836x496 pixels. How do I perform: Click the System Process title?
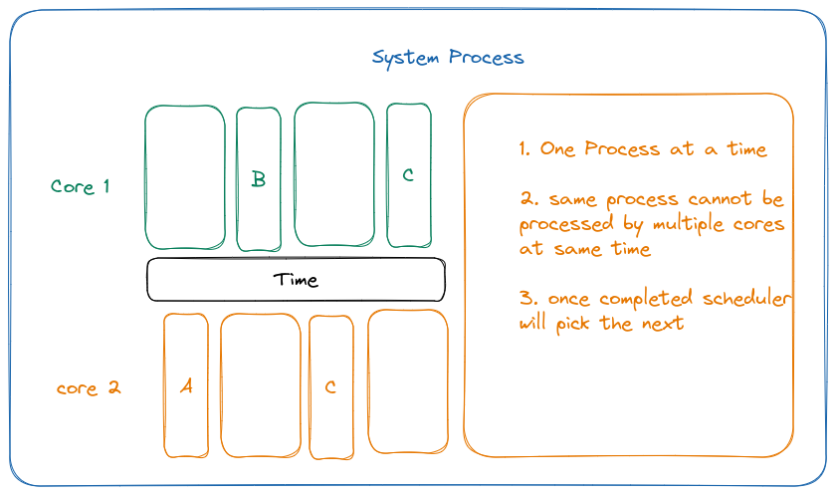pos(448,58)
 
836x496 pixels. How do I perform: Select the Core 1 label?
pos(81,187)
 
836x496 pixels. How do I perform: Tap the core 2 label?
pos(89,388)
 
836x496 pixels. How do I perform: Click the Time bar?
pos(296,280)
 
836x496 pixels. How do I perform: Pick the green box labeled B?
pos(259,179)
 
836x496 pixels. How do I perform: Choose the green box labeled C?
pos(408,175)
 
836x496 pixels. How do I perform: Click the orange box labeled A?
pos(186,385)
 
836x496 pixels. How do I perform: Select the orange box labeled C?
pos(330,386)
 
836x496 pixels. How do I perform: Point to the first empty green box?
pos(185,176)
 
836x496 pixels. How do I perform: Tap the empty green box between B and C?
pos(333,173)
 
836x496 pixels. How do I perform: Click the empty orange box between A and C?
pos(260,384)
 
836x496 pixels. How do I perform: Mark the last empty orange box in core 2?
pos(408,380)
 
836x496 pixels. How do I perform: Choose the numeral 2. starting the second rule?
pos(527,199)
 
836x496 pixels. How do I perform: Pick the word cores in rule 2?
pos(758,224)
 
